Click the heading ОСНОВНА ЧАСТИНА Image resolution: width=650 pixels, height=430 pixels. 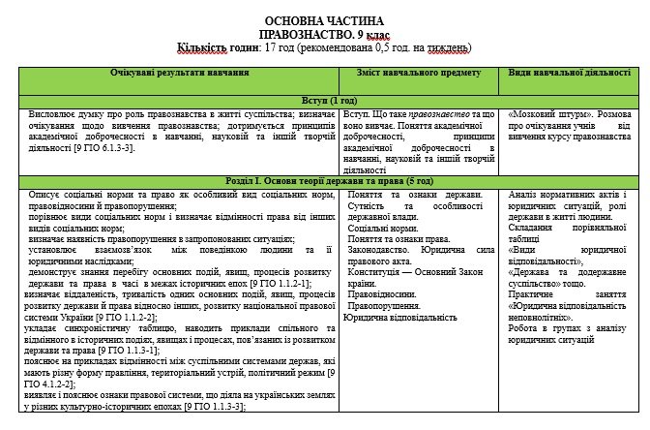click(x=324, y=20)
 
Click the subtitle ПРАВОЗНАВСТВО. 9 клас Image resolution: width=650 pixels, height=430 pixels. click(x=324, y=33)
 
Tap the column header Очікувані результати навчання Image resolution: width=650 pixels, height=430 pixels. click(x=175, y=74)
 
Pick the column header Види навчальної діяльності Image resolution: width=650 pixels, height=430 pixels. click(x=569, y=74)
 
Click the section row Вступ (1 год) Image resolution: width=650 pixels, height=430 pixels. click(x=324, y=100)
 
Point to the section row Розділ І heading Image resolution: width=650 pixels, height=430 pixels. click(x=324, y=181)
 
